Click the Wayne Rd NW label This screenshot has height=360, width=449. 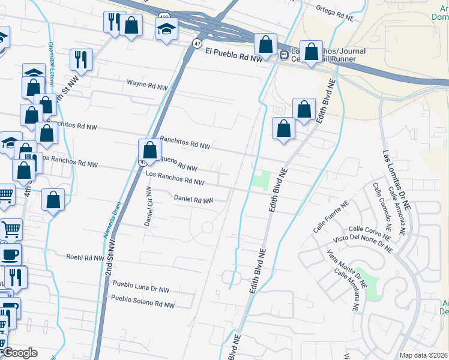click(x=147, y=86)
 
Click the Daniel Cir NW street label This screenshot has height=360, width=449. click(x=148, y=206)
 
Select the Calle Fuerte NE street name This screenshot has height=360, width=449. click(x=331, y=217)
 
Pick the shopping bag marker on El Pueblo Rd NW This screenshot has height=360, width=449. click(x=265, y=44)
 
